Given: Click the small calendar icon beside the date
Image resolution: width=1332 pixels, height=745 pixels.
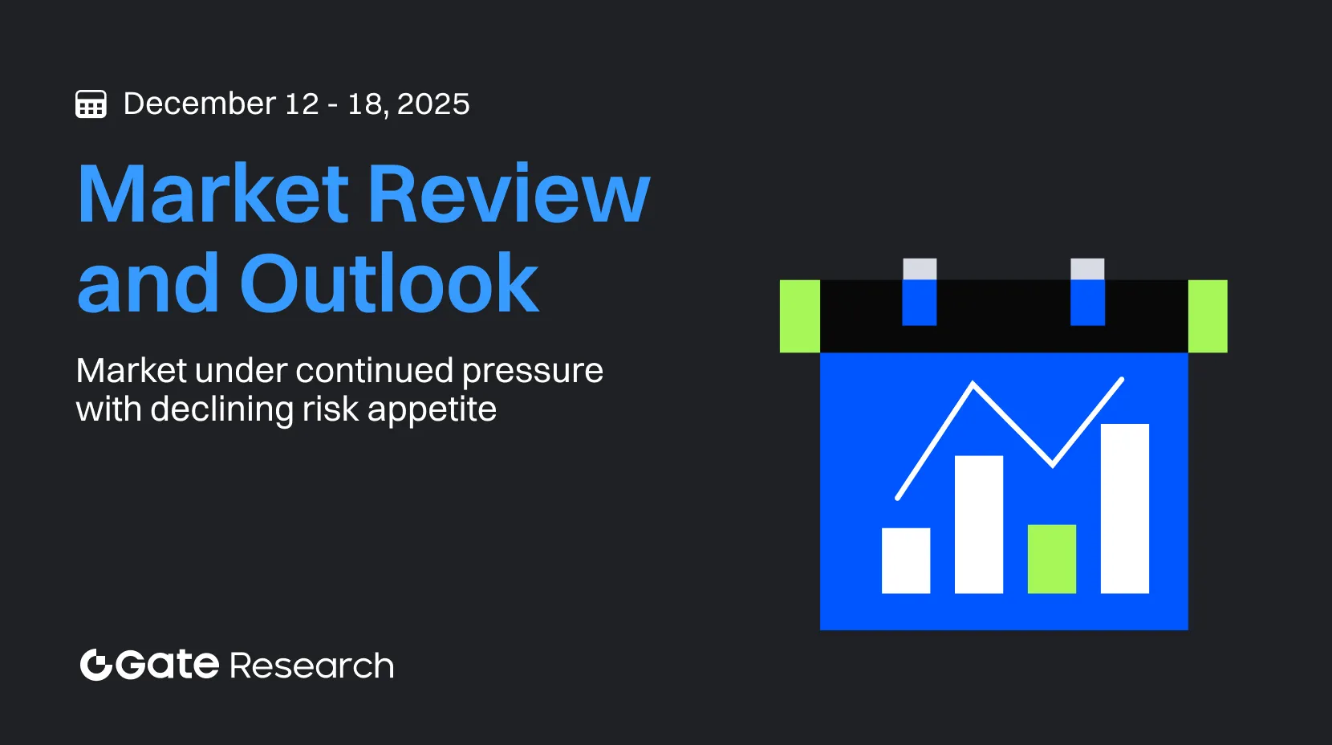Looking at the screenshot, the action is pyautogui.click(x=91, y=104).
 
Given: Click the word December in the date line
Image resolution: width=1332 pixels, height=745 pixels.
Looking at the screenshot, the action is pyautogui.click(x=200, y=104).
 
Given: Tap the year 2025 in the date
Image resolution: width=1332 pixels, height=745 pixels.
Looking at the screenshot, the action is pyautogui.click(x=433, y=104).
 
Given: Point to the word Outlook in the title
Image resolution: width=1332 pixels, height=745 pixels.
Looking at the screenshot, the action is pyautogui.click(x=389, y=282).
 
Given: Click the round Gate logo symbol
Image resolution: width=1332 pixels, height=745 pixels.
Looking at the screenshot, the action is pyautogui.click(x=96, y=665).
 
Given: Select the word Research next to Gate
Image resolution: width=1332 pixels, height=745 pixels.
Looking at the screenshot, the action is pyautogui.click(x=312, y=666).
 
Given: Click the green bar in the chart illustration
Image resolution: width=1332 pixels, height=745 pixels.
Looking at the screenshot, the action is pyautogui.click(x=1052, y=559).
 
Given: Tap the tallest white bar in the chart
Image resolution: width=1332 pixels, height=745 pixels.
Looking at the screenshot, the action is pyautogui.click(x=1125, y=508).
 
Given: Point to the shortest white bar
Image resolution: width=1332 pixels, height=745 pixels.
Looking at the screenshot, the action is pyautogui.click(x=906, y=560).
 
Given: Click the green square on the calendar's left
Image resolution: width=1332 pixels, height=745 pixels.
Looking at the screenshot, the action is pyautogui.click(x=800, y=316).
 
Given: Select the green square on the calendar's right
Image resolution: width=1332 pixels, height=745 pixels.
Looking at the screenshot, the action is pyautogui.click(x=1208, y=316).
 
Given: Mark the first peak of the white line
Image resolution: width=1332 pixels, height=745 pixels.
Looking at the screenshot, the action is pyautogui.click(x=973, y=383).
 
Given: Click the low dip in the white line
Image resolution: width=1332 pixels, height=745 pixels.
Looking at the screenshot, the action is pyautogui.click(x=1053, y=466).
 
